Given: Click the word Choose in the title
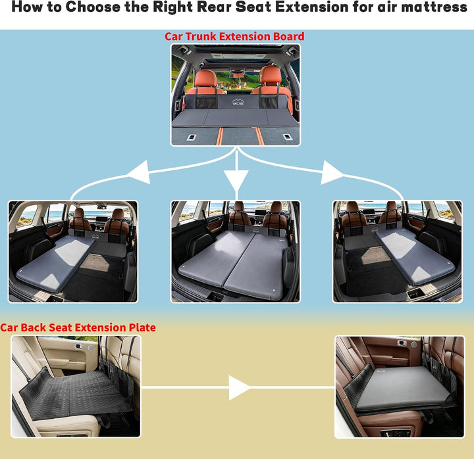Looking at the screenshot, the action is (93, 7).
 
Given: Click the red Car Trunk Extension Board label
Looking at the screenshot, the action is (234, 36).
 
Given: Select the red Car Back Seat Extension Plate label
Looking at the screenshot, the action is (78, 327).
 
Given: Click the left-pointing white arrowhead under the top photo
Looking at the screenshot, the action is (140, 172).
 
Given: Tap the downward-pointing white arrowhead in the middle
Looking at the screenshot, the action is (236, 180).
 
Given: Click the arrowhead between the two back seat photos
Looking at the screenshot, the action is (239, 388).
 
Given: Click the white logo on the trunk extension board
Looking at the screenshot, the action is (238, 101).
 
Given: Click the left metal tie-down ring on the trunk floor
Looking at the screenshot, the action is (192, 137).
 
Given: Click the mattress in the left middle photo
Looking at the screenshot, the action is (55, 262).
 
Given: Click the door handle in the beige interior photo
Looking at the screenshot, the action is (78, 346).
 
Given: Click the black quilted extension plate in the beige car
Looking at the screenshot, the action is (76, 394).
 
